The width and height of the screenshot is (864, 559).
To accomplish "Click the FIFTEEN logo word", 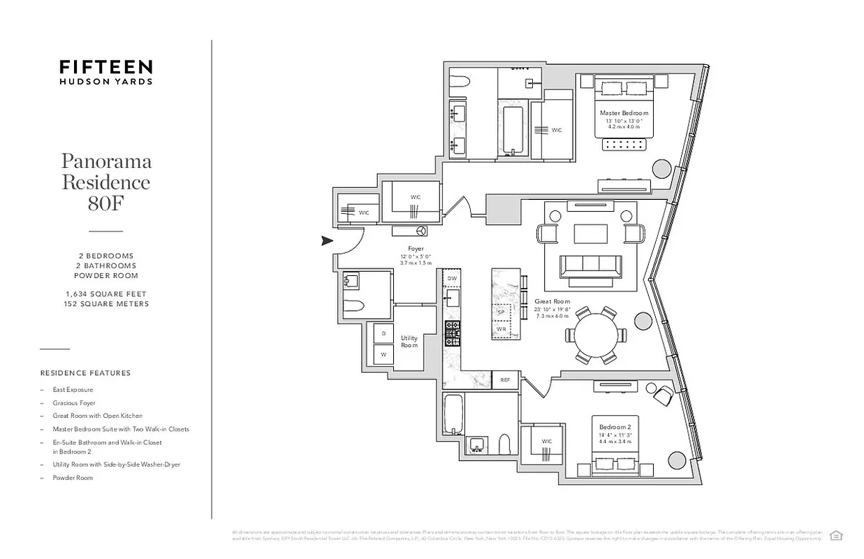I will point(105,67).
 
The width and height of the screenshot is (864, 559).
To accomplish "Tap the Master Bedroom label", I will point(624,113).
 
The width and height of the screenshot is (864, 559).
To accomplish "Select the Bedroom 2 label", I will point(615,427).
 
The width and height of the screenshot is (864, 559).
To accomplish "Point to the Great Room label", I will point(552,302).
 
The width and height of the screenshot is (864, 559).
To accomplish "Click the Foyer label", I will point(416,249).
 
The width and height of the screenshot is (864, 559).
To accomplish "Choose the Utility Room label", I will point(409,342).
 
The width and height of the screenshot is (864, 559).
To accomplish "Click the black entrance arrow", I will point(326,241).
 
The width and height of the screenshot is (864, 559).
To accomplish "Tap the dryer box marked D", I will point(383,334).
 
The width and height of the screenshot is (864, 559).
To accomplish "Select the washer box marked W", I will point(383,355).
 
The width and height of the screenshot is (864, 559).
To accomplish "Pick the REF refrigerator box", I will point(505,380).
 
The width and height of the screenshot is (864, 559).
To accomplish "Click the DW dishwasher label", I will point(452,279).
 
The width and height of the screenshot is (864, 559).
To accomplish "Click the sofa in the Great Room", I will point(590,266).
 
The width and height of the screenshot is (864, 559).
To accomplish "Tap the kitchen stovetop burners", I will point(453,333).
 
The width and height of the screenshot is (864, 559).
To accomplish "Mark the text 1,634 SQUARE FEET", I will point(106,294).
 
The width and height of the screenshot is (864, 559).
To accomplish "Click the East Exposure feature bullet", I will point(73,390).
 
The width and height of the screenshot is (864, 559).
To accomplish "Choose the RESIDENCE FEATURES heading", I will point(85,373).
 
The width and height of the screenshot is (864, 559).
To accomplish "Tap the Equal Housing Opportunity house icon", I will point(835,535).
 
